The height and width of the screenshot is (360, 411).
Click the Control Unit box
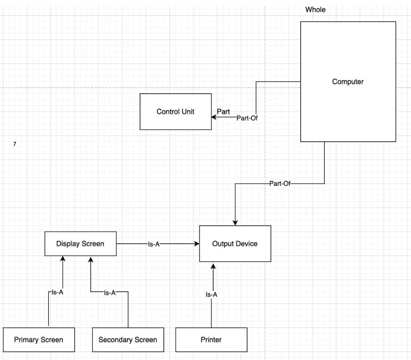click(x=175, y=112)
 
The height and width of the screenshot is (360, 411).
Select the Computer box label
click(x=348, y=82)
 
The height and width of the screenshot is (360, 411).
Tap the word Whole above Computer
click(x=315, y=10)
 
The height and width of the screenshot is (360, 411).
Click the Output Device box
click(x=235, y=243)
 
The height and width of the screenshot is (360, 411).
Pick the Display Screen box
click(x=80, y=243)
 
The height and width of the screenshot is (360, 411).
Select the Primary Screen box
click(x=39, y=340)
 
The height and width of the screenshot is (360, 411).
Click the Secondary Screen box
click(x=128, y=340)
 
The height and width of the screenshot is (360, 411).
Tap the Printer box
click(x=211, y=340)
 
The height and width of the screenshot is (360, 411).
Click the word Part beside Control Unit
click(x=223, y=112)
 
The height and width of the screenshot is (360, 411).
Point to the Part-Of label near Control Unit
click(x=247, y=118)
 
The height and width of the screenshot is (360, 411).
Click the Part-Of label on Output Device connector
click(x=280, y=184)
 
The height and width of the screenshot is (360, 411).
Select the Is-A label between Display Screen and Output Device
click(x=154, y=244)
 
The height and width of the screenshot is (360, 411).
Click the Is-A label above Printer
click(x=212, y=295)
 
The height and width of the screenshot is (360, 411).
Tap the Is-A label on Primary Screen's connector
click(x=57, y=292)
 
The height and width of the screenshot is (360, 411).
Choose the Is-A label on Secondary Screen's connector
click(x=110, y=293)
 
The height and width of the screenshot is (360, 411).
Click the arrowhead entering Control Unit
click(x=214, y=117)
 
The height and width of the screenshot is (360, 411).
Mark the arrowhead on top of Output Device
click(x=235, y=223)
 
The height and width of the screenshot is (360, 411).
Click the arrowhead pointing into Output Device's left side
click(x=197, y=243)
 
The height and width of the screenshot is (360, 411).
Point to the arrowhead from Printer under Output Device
click(x=213, y=265)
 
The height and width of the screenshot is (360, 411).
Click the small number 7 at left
click(x=15, y=143)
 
